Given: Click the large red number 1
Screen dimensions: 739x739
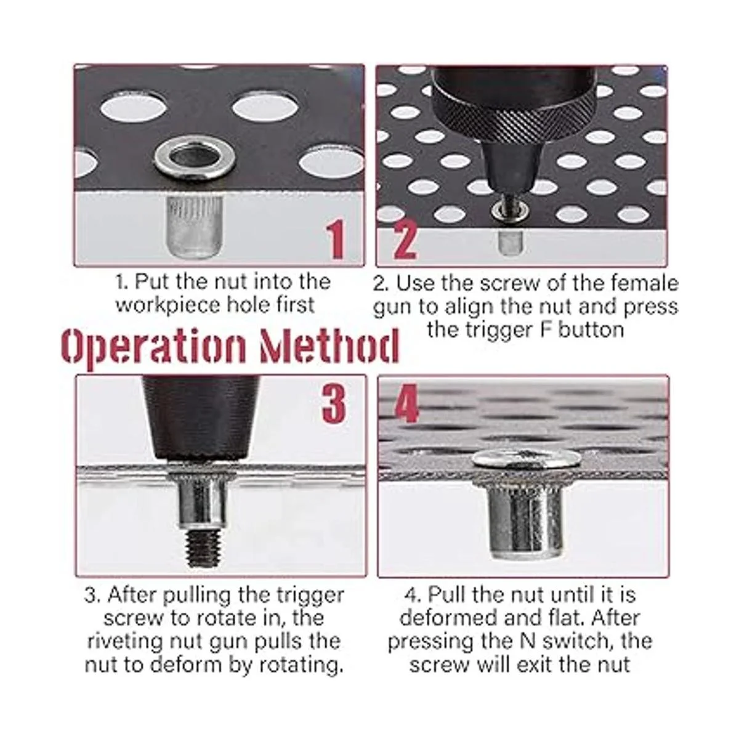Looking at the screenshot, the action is (x=336, y=240).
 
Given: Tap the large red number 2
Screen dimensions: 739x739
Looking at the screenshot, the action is (x=405, y=240).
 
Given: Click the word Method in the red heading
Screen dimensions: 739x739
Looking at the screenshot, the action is (x=329, y=347).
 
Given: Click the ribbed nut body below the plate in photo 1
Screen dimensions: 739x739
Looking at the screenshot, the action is (x=195, y=226).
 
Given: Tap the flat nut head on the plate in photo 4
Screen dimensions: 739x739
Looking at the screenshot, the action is (x=526, y=459).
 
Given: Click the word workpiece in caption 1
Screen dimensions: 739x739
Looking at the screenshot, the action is (x=168, y=305).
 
